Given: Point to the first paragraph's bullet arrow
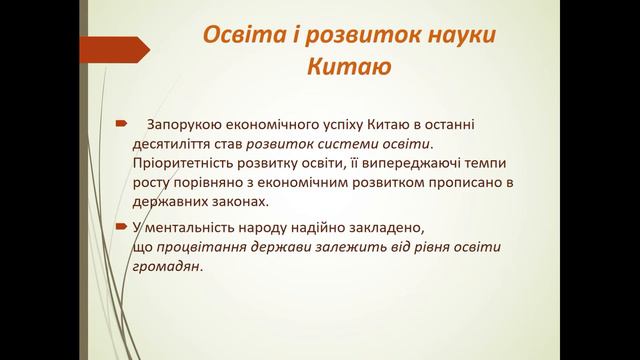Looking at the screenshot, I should (x=122, y=125).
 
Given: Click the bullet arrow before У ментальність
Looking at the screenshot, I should (x=122, y=225).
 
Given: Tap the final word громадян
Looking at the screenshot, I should (x=166, y=266).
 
